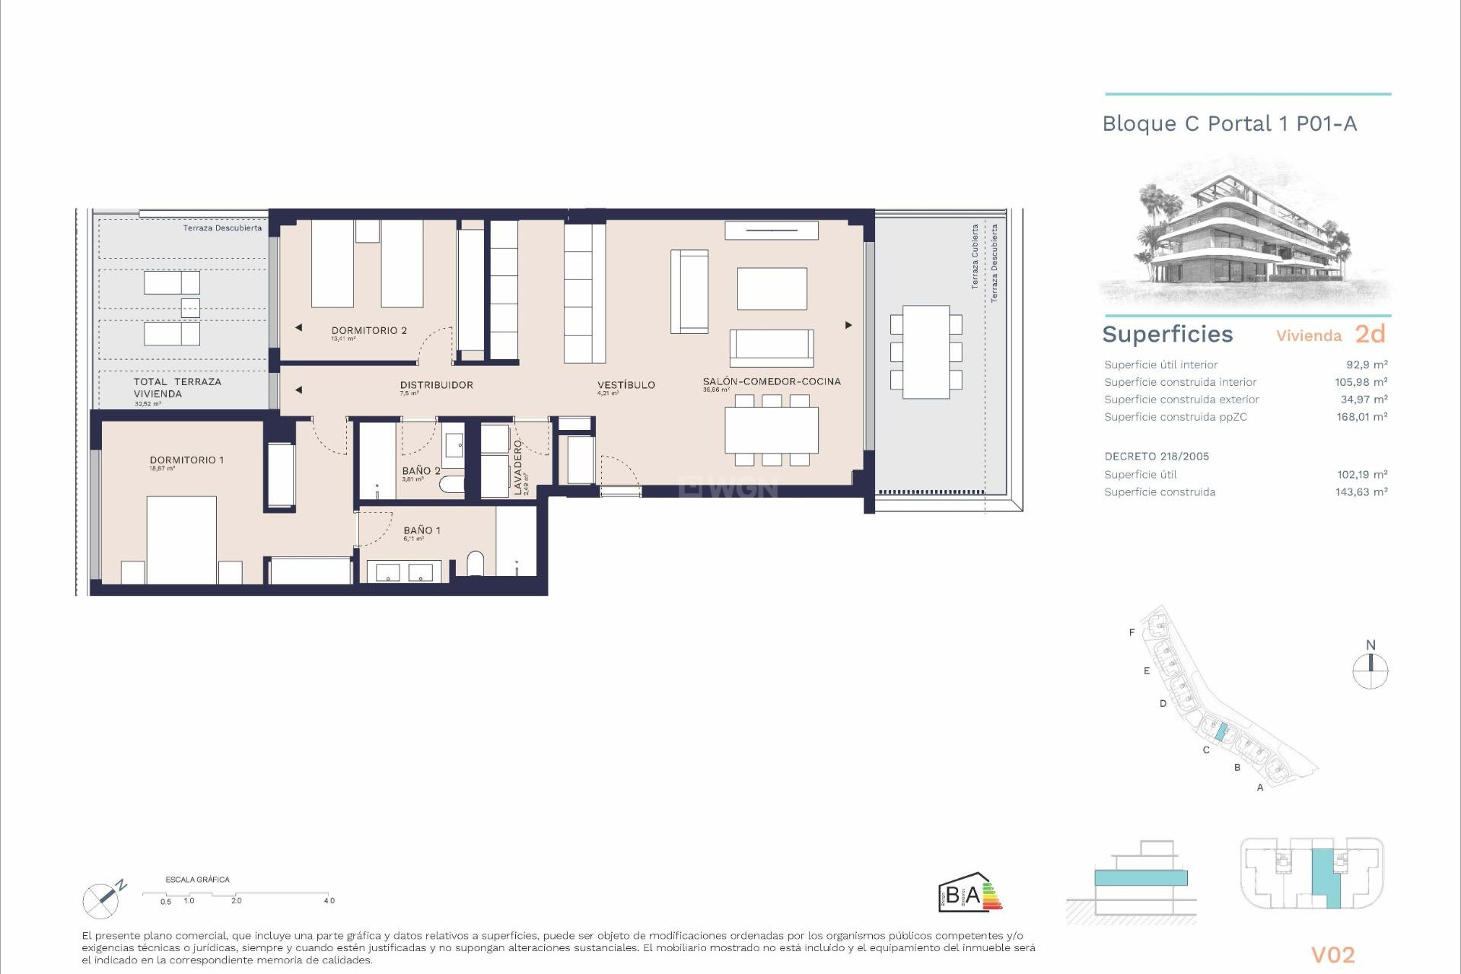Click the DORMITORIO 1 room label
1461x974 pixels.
186,460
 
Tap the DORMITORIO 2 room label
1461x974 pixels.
369,331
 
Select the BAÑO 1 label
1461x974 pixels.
422,530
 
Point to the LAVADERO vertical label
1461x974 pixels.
518,467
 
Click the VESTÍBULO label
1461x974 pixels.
625,385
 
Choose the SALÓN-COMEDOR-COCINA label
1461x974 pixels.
772,381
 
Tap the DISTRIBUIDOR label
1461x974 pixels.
436,385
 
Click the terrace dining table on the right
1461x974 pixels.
925,352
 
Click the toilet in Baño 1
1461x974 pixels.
475,563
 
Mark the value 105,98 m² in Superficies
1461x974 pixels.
1361,382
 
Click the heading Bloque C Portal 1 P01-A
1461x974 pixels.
1229,124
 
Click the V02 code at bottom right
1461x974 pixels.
1332,955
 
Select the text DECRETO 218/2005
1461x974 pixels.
1157,457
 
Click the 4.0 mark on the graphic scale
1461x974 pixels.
329,900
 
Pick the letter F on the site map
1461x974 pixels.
1132,632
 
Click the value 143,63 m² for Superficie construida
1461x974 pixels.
1361,492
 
